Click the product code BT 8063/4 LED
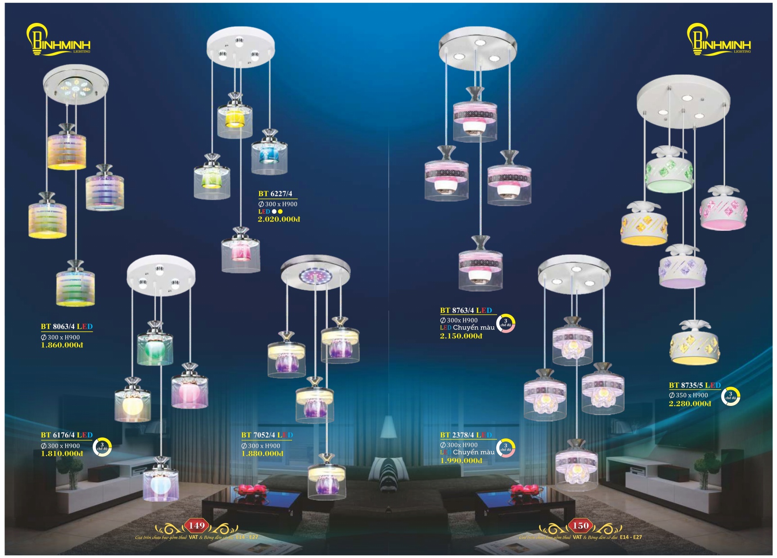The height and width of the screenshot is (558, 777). coord(67,326)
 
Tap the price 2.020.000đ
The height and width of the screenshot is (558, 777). coord(278,220)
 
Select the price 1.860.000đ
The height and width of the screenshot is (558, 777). coord(62,345)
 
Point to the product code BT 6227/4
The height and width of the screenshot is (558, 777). coord(275,194)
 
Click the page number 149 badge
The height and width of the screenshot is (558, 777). coord(197,526)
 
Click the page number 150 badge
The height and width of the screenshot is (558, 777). coord(580,526)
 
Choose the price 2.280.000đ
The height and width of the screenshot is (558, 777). coord(690,404)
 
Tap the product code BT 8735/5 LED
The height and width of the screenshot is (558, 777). coord(695,385)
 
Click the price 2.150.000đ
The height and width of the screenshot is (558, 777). coord(461,336)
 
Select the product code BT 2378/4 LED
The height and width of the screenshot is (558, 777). coord(466,435)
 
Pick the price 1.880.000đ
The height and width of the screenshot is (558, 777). coord(262,454)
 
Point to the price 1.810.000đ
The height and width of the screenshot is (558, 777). coord(62,454)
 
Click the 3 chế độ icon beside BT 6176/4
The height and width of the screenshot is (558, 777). coord(102,446)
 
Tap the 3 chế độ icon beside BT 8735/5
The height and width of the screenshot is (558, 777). coord(730,396)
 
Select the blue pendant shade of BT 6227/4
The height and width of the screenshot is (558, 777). coord(269,155)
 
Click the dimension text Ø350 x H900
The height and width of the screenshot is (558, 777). coord(688,395)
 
